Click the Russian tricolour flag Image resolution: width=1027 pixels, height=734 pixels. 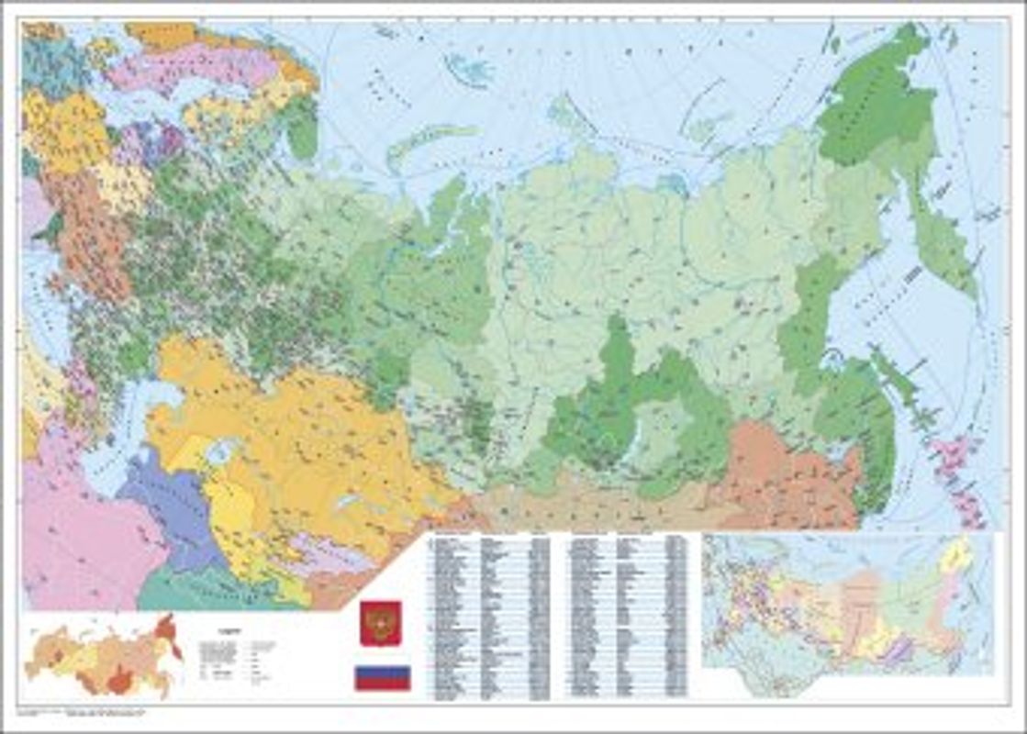pyautogui.click(x=383, y=678)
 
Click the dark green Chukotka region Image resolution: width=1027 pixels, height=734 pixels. pyautogui.click(x=872, y=101)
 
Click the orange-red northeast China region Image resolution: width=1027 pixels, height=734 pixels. pyautogui.click(x=789, y=468)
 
